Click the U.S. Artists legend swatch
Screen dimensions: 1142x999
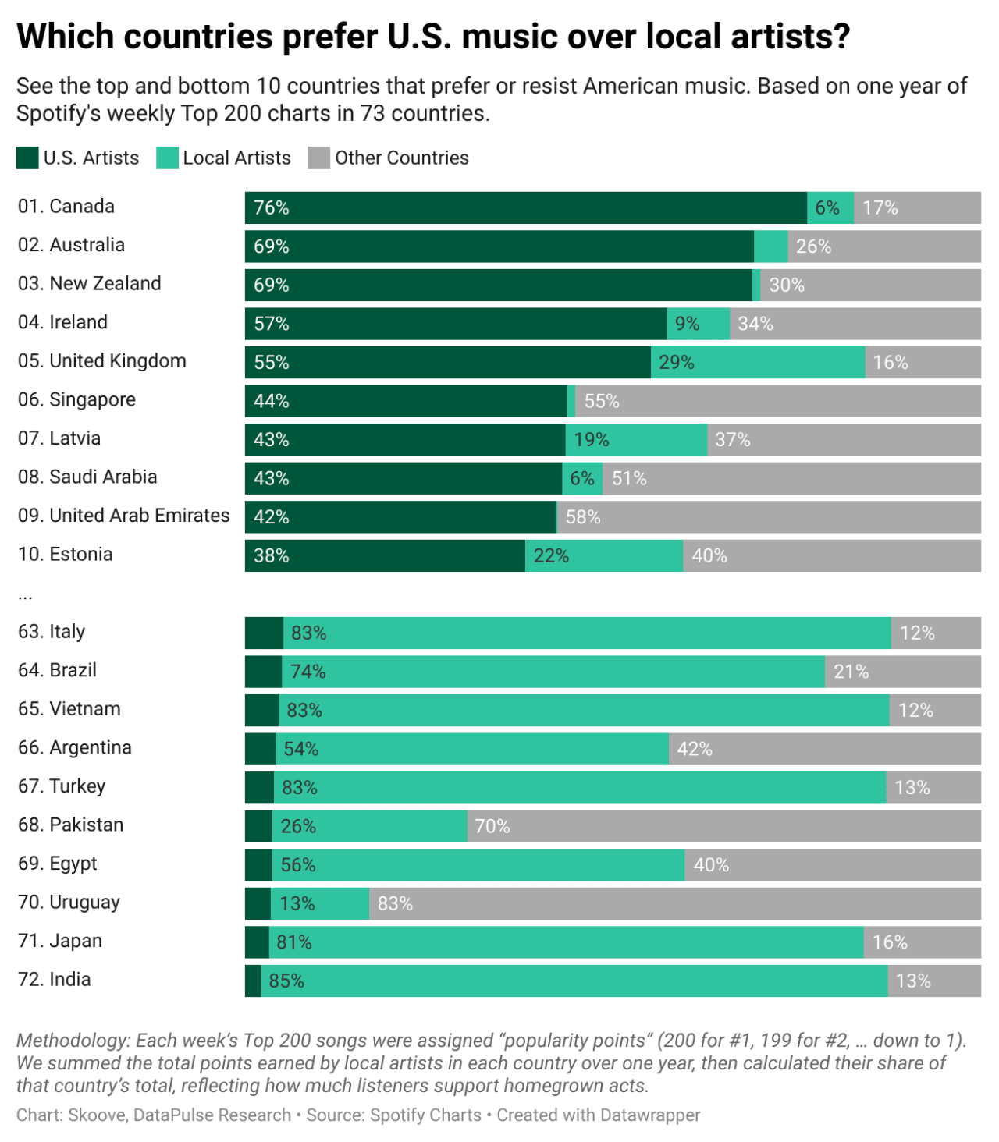coord(27,158)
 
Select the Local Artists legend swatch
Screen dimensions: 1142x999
coord(167,158)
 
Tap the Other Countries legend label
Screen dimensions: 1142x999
coord(401,158)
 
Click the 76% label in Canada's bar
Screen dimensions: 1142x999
coord(271,208)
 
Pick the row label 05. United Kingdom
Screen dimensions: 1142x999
coord(101,361)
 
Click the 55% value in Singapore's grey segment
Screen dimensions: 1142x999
coord(601,402)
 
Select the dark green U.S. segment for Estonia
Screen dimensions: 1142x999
coord(384,556)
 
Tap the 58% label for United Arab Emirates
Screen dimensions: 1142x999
coord(582,517)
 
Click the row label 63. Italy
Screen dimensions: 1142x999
coord(52,632)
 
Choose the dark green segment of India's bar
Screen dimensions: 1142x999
coord(253,981)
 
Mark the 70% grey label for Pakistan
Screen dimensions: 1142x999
coord(492,827)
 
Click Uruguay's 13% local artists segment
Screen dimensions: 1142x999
coord(319,904)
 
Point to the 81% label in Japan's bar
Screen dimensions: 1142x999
coord(293,943)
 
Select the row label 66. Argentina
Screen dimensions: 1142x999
coord(74,748)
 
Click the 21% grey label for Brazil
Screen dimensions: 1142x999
coord(851,672)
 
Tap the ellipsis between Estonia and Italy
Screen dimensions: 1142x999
coord(25,596)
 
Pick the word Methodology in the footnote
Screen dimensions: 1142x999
coord(73,1041)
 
